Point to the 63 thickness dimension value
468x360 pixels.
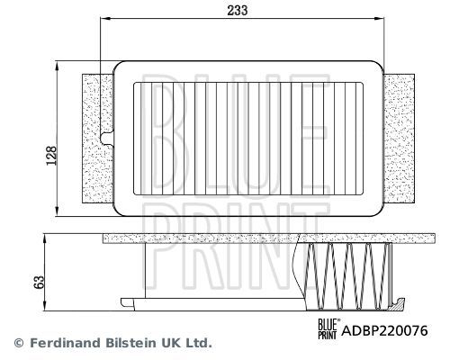point(36,281)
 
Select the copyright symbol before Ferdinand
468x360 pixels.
point(18,343)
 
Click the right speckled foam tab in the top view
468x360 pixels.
point(400,140)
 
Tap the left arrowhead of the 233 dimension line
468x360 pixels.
point(102,22)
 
